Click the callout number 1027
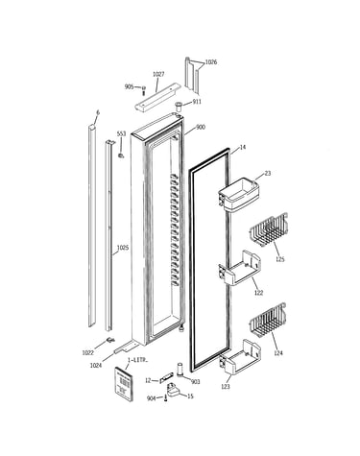coord(158,74)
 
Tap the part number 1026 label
coord(211,62)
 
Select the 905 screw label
coord(129,86)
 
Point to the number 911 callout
coord(197,102)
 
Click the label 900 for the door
coord(201,128)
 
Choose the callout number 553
coord(121,133)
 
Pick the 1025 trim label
coord(123,248)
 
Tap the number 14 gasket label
coord(243,148)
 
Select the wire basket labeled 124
coord(268,320)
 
